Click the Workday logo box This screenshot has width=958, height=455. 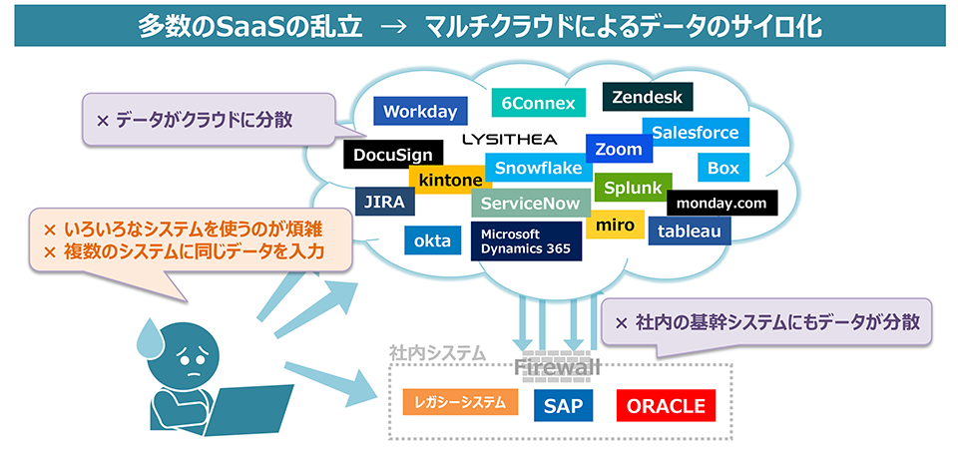tap(420, 111)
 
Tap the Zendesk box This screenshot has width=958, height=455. tap(648, 98)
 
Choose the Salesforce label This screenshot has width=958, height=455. tap(695, 133)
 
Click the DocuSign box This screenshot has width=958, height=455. tap(393, 155)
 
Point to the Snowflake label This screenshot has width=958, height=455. tap(538, 168)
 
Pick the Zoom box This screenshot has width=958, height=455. tap(619, 150)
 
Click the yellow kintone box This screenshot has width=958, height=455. tap(450, 180)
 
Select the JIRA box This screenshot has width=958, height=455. tap(384, 202)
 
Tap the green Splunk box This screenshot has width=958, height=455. tap(633, 188)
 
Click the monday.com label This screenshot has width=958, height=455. tap(721, 204)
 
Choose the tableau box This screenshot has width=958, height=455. tap(690, 230)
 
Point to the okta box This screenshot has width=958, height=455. tap(432, 240)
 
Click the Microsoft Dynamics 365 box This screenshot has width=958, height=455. tap(527, 241)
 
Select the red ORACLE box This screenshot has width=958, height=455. tap(666, 406)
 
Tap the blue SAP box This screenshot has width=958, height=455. tap(563, 406)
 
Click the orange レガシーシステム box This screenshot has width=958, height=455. tap(461, 402)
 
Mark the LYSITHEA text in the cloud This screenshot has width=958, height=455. tap(509, 139)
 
